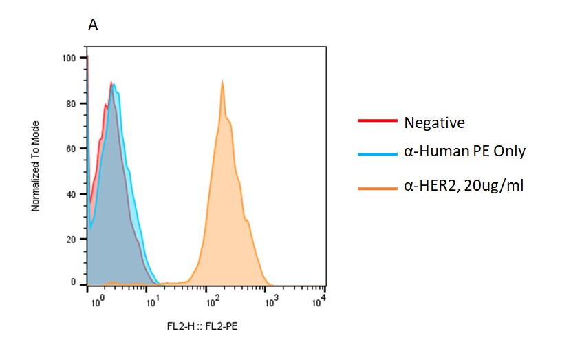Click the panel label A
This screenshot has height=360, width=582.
(x=93, y=25)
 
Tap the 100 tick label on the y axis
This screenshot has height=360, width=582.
(x=69, y=58)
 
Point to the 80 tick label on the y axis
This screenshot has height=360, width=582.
(x=71, y=103)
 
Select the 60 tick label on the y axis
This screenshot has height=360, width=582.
(x=71, y=149)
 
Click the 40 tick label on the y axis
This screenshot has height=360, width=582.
(x=71, y=194)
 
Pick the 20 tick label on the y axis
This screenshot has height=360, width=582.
(x=71, y=240)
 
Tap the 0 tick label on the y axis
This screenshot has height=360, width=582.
(x=73, y=283)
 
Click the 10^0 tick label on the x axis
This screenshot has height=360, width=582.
(x=96, y=300)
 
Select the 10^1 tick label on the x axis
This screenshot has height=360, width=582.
(x=153, y=300)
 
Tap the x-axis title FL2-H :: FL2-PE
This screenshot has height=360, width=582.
(x=206, y=326)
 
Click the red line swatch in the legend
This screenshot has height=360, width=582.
(x=377, y=121)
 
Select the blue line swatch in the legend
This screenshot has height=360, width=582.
(x=377, y=154)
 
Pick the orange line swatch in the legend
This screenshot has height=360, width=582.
(x=377, y=187)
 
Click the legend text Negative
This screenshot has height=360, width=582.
(x=434, y=123)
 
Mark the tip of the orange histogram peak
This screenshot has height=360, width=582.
(x=222, y=81)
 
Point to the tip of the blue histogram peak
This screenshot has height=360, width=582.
(x=114, y=84)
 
